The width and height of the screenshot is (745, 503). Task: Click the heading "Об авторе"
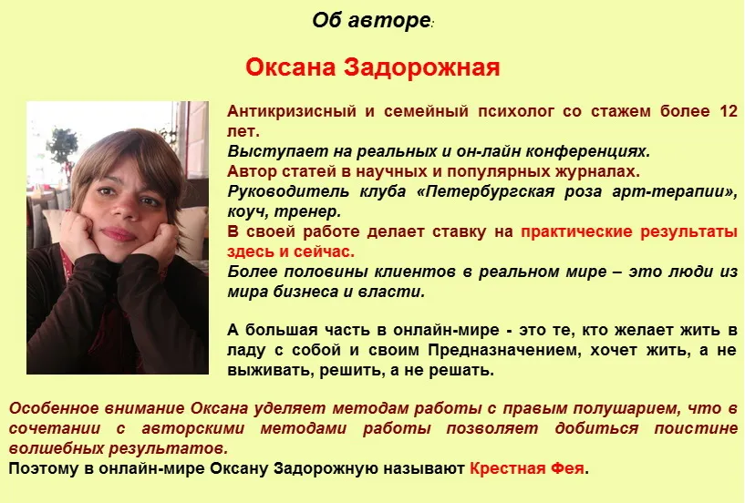[x=370, y=20]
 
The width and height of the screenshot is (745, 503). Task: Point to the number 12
[x=727, y=112]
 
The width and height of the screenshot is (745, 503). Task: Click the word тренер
[x=306, y=211]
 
